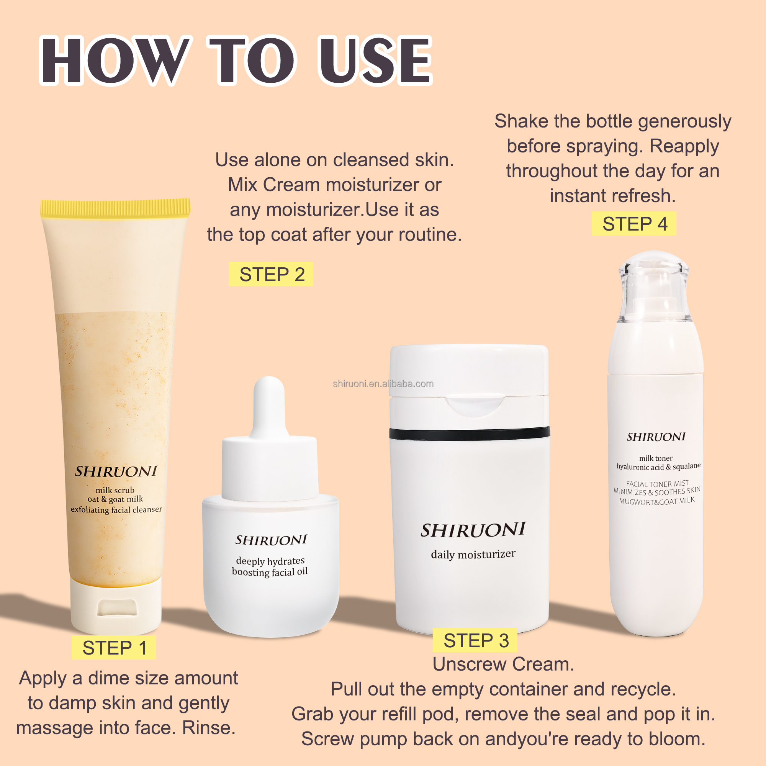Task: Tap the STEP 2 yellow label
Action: click(x=271, y=274)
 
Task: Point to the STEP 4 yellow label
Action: click(x=633, y=224)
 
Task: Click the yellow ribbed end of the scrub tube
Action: click(x=115, y=208)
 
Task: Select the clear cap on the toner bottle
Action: click(x=655, y=286)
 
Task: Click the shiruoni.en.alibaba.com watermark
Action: click(x=383, y=384)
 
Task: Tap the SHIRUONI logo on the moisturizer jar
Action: click(x=473, y=530)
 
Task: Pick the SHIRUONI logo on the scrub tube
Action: click(x=116, y=471)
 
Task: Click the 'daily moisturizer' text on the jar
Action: click(x=473, y=554)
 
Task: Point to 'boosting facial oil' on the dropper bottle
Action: click(x=270, y=572)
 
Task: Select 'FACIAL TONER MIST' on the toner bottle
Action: click(x=657, y=484)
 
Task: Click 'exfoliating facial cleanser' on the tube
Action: click(x=116, y=509)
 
